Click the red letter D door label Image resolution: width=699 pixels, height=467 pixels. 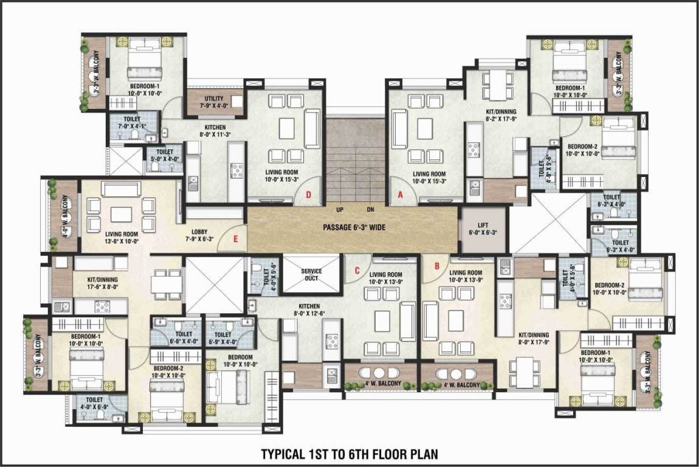309,195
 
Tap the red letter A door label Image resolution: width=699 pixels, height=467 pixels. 400,195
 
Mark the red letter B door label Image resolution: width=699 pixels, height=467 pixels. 436,265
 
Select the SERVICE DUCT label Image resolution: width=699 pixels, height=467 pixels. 311,275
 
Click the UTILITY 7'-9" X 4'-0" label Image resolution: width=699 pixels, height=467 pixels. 214,102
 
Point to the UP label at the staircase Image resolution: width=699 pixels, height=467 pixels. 340,210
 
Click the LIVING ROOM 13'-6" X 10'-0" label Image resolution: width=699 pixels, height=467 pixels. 114,237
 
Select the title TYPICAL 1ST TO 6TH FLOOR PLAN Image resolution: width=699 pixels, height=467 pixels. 349,454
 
